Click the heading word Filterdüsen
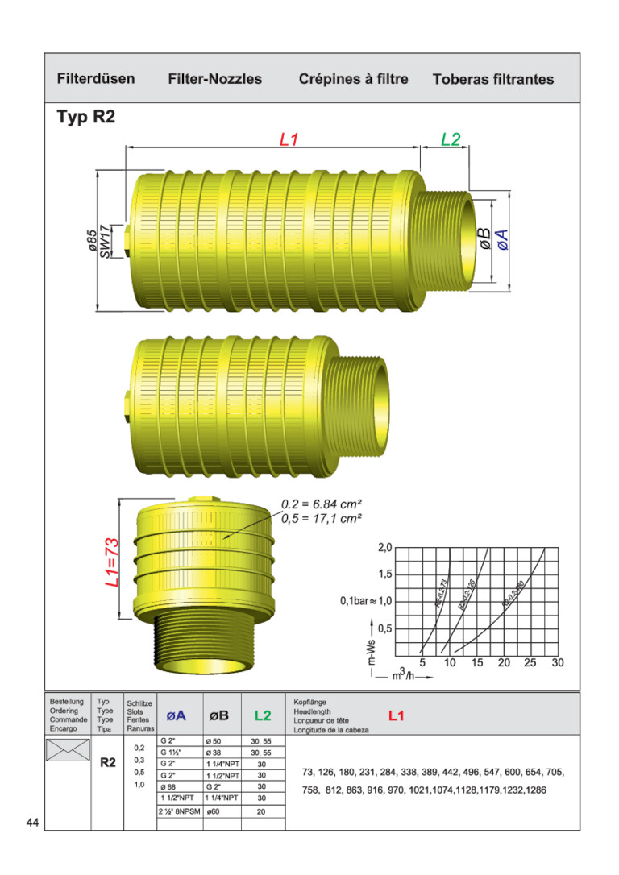[x=96, y=79]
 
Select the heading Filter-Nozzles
[x=215, y=79]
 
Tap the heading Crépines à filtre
[x=353, y=79]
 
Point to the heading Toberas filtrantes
[x=493, y=79]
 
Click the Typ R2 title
[x=86, y=117]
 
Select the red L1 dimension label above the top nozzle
[x=289, y=139]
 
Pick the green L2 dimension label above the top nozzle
[x=451, y=139]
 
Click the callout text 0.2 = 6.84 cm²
[x=321, y=504]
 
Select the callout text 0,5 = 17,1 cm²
[x=321, y=518]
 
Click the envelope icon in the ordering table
[x=68, y=750]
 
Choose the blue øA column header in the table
[x=177, y=715]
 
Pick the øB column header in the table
[x=219, y=715]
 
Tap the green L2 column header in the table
[x=263, y=715]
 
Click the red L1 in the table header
[x=397, y=715]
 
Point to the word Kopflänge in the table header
[x=309, y=702]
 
